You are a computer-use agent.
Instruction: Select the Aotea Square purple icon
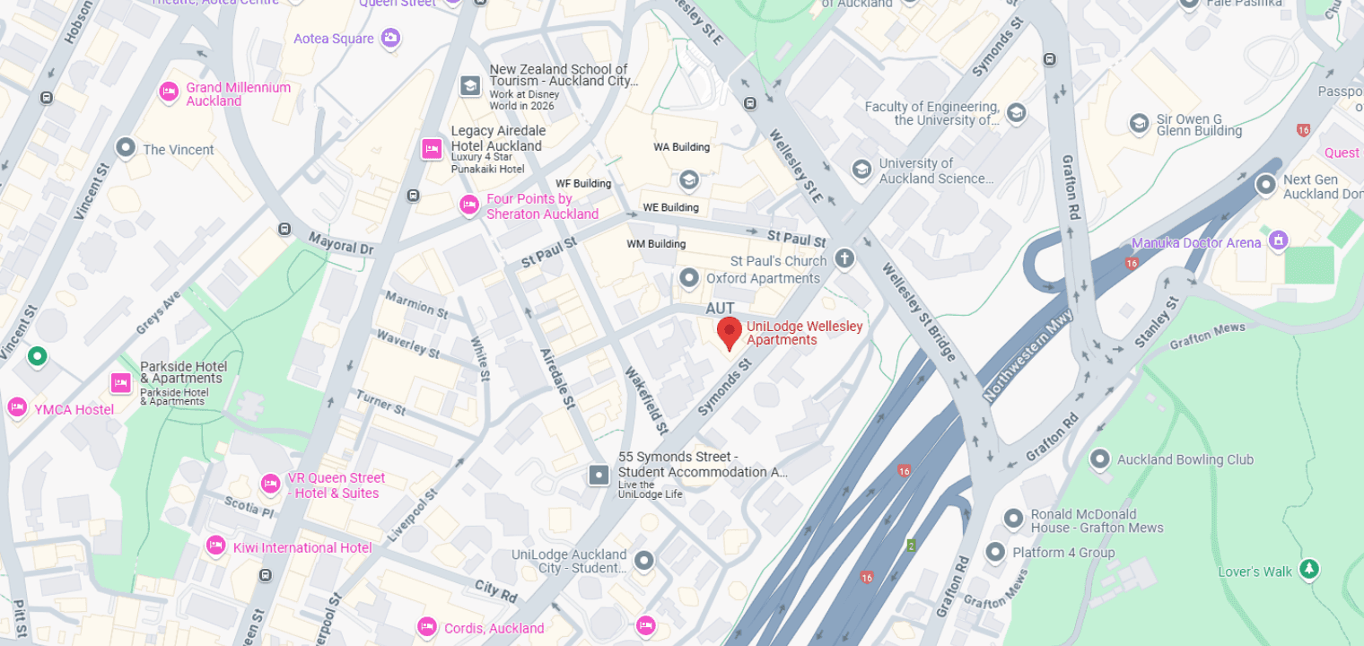[390, 38]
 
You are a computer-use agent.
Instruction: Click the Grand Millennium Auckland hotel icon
[168, 92]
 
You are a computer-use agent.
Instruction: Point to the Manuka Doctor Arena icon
[1279, 240]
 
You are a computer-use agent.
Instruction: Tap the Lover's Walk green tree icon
[1309, 569]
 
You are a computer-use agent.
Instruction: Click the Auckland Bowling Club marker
[1099, 459]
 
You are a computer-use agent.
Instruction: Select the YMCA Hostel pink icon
[17, 407]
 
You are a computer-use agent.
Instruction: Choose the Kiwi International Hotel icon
[215, 546]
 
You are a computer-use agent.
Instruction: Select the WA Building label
[681, 147]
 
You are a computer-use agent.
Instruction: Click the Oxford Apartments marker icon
[688, 278]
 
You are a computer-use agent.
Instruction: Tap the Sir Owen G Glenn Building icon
[1140, 123]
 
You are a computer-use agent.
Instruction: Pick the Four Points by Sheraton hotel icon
[468, 205]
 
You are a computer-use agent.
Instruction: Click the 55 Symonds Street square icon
[599, 474]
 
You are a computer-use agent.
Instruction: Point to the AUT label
[720, 309]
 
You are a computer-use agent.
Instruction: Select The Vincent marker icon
[126, 147]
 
